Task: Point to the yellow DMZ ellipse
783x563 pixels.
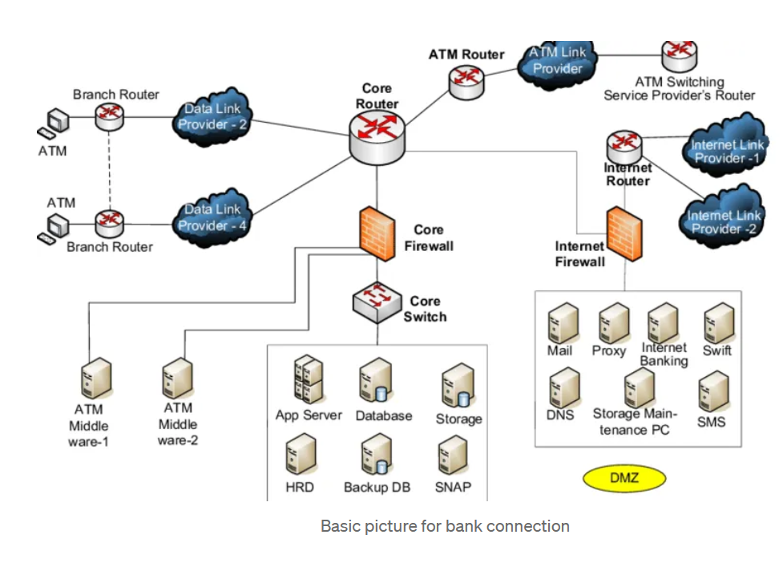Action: click(624, 479)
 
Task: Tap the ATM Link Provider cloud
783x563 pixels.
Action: click(558, 61)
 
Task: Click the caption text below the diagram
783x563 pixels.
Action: click(445, 526)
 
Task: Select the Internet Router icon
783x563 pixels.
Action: click(624, 146)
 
